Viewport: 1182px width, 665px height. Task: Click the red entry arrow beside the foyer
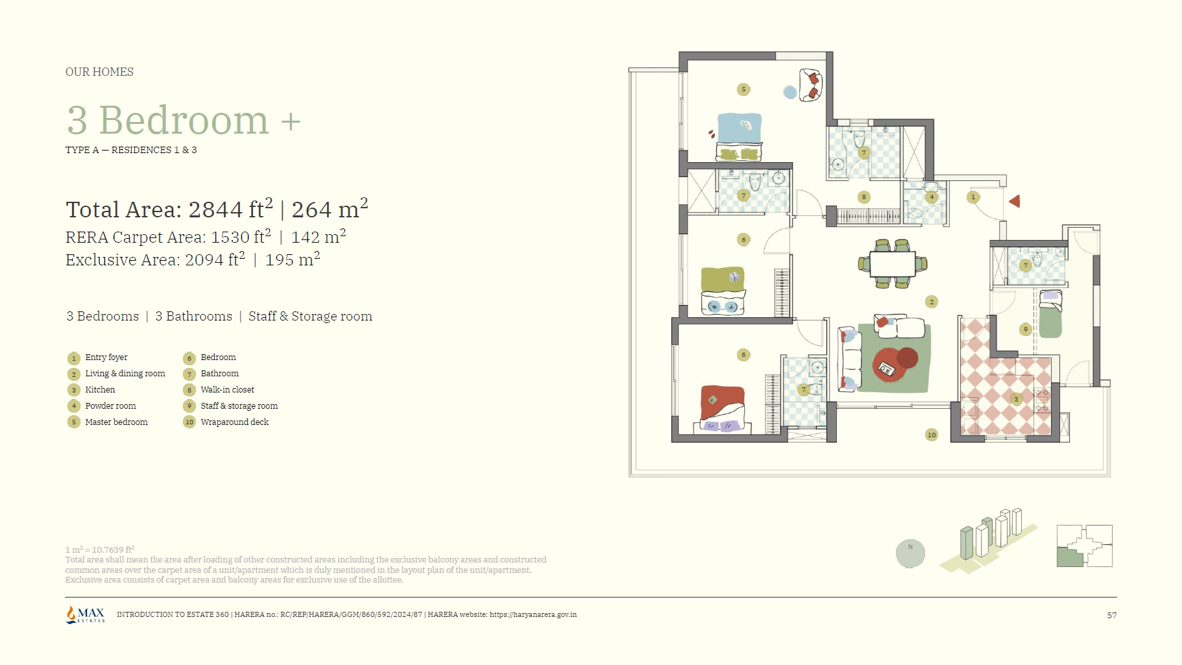click(x=1015, y=202)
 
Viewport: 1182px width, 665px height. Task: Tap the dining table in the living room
click(x=893, y=264)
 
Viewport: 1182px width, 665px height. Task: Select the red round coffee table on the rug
click(x=891, y=364)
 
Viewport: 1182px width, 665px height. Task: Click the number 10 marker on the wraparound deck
click(x=932, y=435)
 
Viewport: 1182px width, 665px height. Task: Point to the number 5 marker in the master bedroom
click(x=743, y=90)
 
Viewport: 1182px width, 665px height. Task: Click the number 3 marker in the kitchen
click(x=1016, y=400)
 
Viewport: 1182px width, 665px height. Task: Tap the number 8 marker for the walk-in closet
click(x=863, y=197)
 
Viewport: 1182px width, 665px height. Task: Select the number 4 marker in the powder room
click(x=932, y=197)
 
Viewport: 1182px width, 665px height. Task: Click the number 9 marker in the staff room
click(x=1026, y=330)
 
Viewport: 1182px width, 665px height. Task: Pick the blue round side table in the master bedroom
click(x=790, y=93)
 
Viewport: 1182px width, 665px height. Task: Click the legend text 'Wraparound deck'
click(x=234, y=422)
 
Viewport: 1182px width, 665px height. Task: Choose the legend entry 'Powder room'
click(x=110, y=406)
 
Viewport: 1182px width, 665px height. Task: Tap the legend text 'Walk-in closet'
click(x=227, y=390)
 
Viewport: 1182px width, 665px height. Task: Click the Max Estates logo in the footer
click(x=85, y=614)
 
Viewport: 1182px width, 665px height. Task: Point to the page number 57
click(x=1112, y=615)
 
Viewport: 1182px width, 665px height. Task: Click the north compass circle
click(x=910, y=553)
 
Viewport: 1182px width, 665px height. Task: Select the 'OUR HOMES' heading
click(x=99, y=72)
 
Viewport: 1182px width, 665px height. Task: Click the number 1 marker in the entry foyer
click(x=972, y=197)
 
